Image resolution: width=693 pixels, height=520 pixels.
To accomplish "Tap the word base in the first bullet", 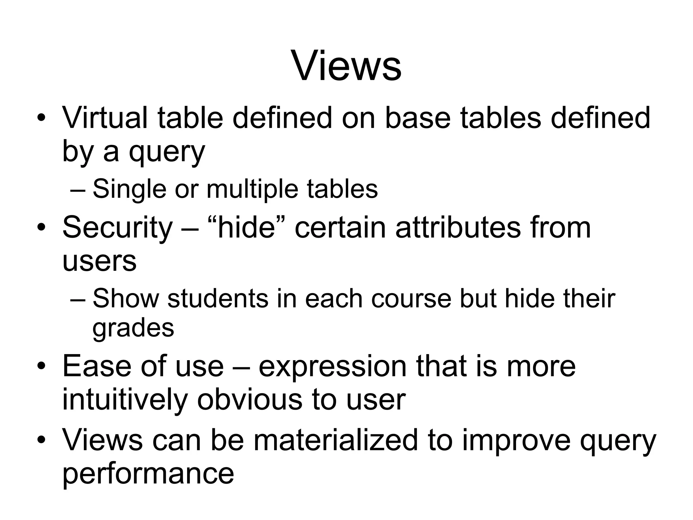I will coord(418,118).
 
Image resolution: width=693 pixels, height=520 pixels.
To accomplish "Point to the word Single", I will coord(129,189).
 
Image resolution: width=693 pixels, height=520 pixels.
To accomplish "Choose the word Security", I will coord(117,228).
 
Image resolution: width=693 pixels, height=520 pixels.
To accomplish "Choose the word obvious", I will coord(250,400).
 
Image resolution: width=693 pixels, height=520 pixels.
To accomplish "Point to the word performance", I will coord(148,474).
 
